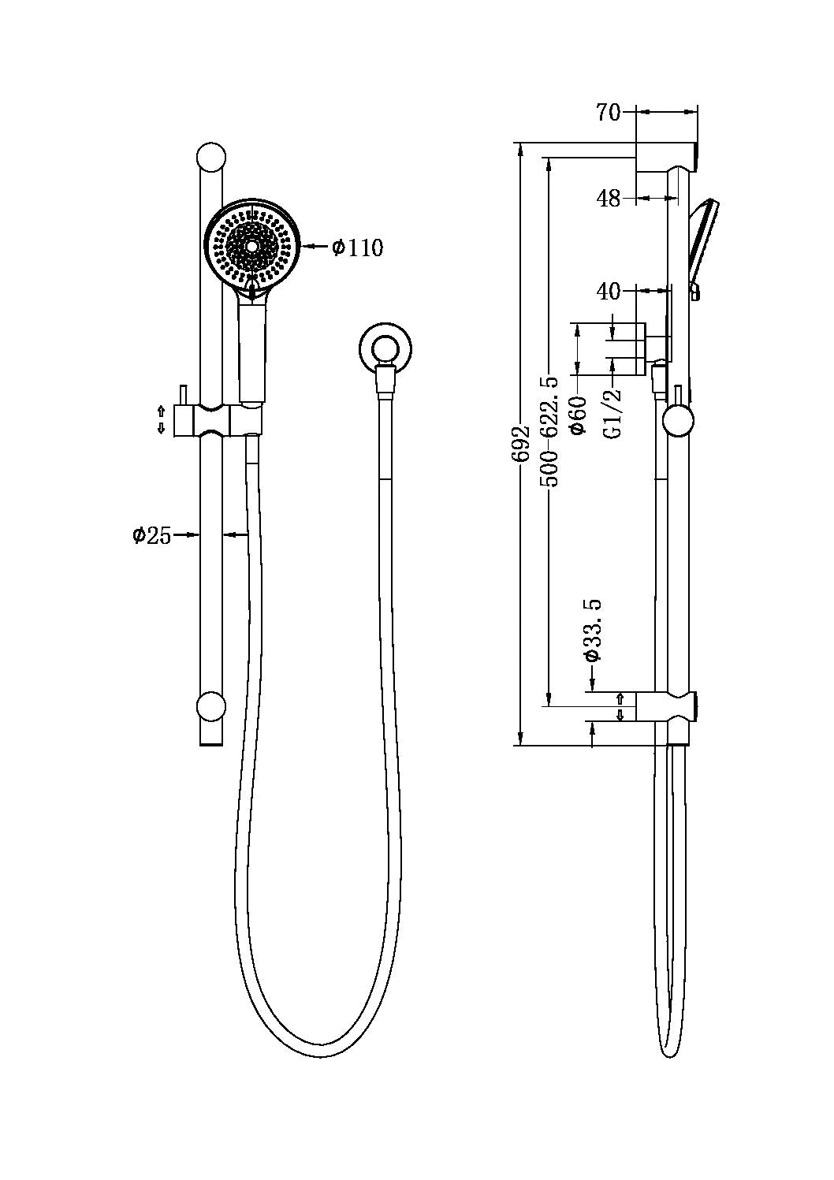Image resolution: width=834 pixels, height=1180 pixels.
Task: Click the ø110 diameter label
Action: [357, 248]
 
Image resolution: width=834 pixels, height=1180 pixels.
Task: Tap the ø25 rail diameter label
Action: [151, 535]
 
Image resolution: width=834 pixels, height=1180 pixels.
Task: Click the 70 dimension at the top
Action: [608, 113]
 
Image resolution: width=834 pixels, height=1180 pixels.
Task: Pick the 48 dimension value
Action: [608, 199]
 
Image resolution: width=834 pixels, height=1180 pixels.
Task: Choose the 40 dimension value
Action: [608, 292]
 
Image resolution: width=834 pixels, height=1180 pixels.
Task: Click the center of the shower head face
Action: [252, 246]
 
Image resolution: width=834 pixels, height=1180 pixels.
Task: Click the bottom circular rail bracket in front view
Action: [211, 707]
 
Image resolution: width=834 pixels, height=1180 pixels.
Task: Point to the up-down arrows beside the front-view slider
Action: [162, 419]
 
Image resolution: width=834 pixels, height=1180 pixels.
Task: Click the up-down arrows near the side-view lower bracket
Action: [620, 706]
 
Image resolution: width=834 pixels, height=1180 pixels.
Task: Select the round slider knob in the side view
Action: [678, 420]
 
